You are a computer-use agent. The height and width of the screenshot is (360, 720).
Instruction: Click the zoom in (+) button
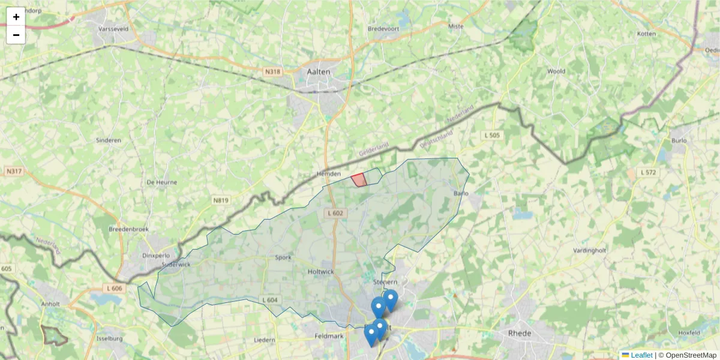coord(16,17)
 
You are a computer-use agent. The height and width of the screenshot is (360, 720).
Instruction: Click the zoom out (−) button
coord(16,35)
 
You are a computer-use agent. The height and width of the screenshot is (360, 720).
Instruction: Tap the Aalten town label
coord(319,71)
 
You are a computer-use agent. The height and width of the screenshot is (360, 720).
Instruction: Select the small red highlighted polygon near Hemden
coord(359,179)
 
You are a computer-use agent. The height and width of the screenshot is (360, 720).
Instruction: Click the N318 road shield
coord(272,71)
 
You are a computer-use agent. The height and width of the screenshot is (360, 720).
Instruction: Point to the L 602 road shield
coord(336,213)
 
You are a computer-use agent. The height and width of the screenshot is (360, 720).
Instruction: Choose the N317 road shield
coord(14,172)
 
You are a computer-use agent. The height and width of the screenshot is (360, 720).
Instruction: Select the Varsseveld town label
coord(115,28)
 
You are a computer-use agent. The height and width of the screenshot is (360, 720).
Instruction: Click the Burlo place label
coord(679,141)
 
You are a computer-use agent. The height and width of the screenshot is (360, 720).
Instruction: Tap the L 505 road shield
coord(491,136)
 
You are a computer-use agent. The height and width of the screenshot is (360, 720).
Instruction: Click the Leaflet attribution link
coord(641,355)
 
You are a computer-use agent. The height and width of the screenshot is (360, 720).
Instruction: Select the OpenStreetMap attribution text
coord(691,355)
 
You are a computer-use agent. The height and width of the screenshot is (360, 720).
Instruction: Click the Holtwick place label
coord(320,271)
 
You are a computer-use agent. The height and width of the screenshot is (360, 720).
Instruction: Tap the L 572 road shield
coord(648,172)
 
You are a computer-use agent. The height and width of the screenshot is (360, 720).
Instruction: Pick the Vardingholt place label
coord(591,250)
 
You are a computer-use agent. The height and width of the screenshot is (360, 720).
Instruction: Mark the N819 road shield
coord(221,200)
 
